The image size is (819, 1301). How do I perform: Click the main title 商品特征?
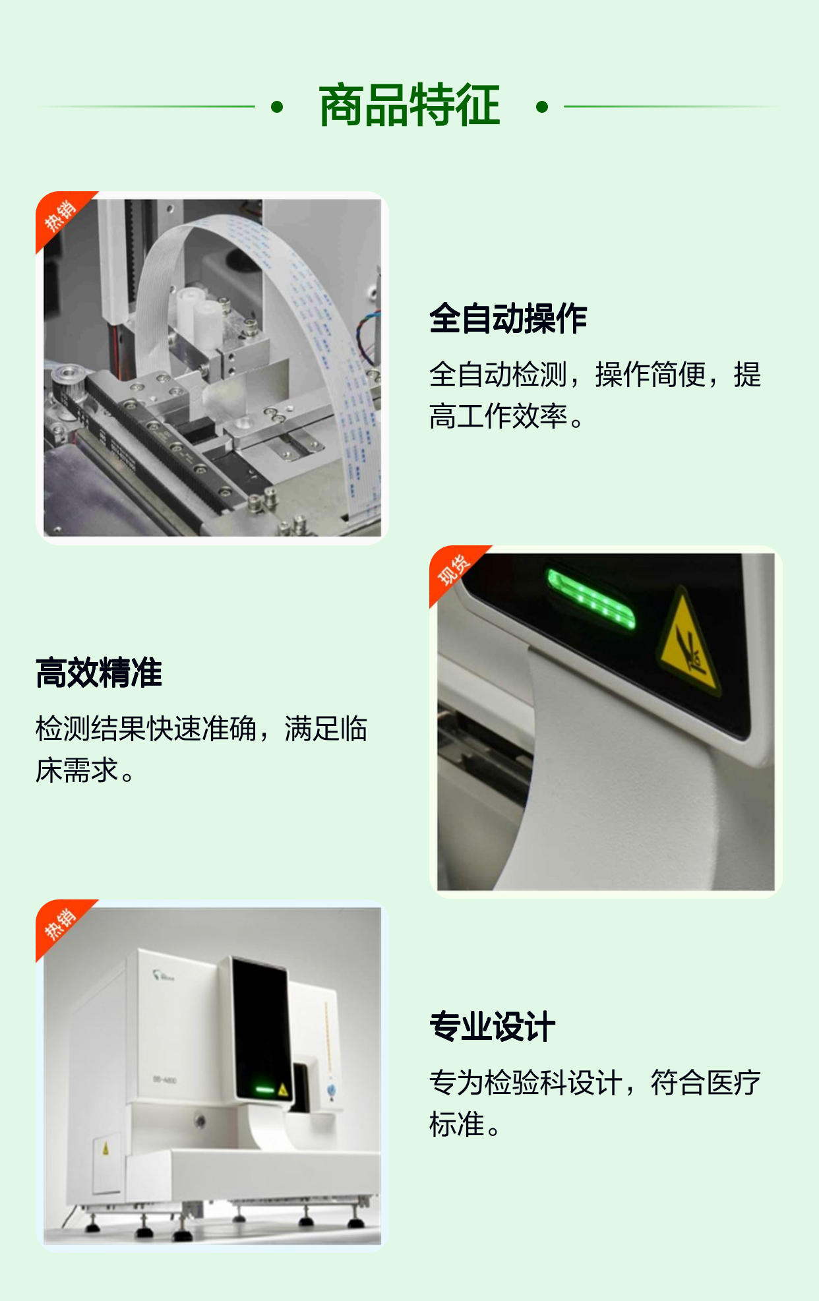[409, 106]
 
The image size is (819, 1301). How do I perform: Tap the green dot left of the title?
[277, 107]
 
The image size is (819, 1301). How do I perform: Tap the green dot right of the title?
[542, 107]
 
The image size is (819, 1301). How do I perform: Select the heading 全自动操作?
[508, 318]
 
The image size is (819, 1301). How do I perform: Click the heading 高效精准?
[99, 673]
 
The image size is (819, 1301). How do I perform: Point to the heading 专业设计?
[492, 1027]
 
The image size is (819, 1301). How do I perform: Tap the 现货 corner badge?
[454, 569]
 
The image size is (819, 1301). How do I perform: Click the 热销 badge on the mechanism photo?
[61, 215]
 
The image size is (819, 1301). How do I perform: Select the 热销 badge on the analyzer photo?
[61, 923]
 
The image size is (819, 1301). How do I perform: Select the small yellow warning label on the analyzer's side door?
[106, 1149]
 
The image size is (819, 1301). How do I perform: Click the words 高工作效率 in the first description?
[498, 416]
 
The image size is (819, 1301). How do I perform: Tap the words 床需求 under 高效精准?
[76, 770]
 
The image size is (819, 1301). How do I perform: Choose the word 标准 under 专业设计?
[457, 1124]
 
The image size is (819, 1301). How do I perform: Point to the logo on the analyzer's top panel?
[162, 975]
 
